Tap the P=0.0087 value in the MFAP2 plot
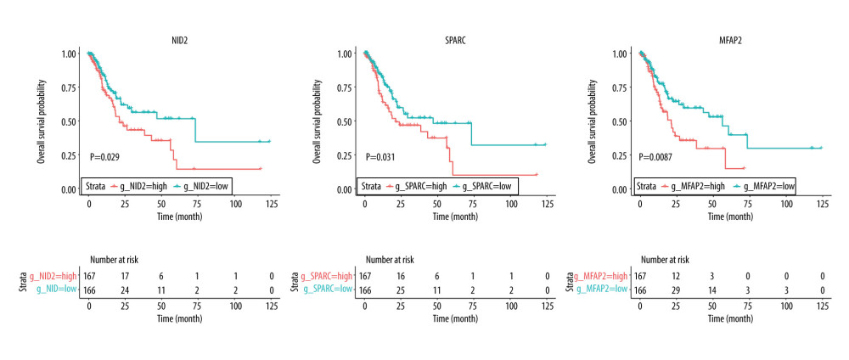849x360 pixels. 659,156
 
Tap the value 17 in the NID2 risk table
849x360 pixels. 125,275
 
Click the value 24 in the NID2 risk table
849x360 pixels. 125,290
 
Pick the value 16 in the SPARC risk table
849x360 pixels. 400,275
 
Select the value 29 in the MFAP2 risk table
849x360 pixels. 676,290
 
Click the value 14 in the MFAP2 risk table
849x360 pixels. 712,290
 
